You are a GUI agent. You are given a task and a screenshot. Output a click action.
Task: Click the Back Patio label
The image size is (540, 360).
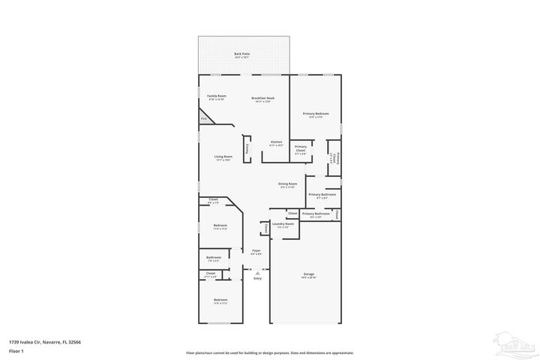point(241,53)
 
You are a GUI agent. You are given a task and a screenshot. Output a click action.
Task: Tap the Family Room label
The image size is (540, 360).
point(217,96)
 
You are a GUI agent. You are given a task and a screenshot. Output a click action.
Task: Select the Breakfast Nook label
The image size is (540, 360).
point(262,97)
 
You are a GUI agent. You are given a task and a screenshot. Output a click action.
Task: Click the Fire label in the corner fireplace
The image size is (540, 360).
point(203,118)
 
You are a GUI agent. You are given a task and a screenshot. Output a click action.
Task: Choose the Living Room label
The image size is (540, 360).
point(223,156)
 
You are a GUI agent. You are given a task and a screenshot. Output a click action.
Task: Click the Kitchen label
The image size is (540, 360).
point(276,142)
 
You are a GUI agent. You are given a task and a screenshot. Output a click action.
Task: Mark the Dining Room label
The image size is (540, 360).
point(288,184)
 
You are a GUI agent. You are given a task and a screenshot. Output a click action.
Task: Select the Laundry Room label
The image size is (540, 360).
point(283,223)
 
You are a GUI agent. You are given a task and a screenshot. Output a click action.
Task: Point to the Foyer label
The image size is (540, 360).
point(256,250)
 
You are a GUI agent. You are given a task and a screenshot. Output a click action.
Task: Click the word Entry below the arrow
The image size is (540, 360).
point(257,279)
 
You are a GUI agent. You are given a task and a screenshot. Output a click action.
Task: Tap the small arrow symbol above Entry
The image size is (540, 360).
point(257,272)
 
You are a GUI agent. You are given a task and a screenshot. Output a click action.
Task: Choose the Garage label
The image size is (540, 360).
point(308,274)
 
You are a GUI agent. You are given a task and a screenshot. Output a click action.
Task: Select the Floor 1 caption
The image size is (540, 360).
point(16,350)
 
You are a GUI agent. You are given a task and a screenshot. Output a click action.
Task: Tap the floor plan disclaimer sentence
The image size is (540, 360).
point(269,352)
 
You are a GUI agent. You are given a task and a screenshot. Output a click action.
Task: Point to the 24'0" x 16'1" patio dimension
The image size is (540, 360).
point(241,58)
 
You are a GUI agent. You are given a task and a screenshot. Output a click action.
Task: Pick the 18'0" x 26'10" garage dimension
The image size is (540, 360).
point(308,277)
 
